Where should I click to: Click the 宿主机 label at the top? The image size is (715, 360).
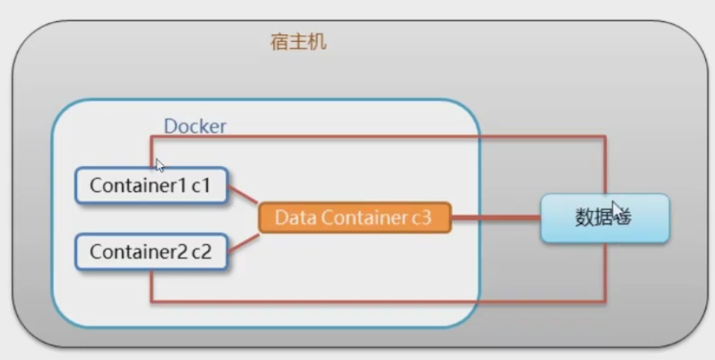298,42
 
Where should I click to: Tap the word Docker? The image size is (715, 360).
195,126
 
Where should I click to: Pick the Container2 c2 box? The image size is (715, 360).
151,252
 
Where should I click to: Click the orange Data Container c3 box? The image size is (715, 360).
353,218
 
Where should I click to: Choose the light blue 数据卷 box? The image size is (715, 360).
605,218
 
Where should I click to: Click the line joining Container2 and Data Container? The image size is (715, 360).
243,240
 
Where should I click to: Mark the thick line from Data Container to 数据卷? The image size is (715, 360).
495,218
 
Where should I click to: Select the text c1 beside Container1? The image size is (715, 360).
201,186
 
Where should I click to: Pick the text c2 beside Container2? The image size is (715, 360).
201,252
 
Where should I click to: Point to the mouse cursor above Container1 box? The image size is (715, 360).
160,164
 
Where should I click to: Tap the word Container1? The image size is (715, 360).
138,186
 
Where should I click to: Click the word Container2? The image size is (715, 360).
138,252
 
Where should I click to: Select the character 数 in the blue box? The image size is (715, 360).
587,218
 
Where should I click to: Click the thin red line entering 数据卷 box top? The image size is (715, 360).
605,168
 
